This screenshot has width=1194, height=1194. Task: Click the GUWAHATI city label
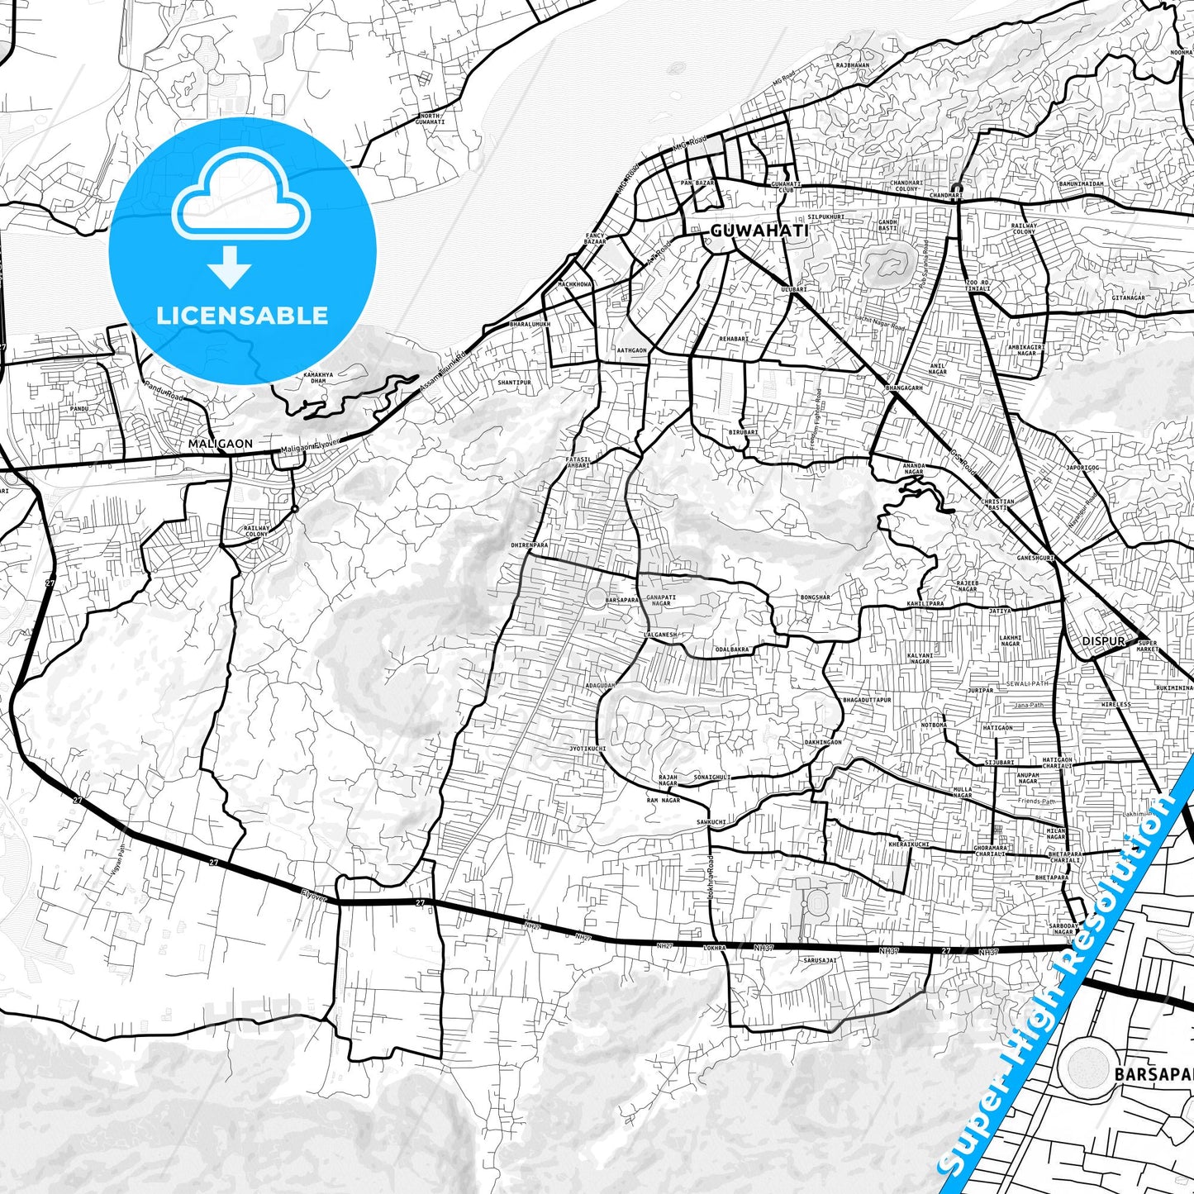click(x=759, y=231)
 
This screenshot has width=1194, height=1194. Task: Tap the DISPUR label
click(x=1103, y=641)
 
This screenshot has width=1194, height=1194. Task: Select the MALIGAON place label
click(x=221, y=444)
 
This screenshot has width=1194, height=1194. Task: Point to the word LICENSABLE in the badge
click(x=242, y=316)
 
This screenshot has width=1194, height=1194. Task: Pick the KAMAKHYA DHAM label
click(x=319, y=378)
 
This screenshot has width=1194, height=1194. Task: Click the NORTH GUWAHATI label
click(x=430, y=119)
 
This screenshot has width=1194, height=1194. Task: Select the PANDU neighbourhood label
click(x=78, y=408)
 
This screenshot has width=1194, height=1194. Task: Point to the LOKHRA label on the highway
click(x=713, y=948)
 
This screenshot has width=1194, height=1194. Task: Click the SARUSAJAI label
click(x=820, y=961)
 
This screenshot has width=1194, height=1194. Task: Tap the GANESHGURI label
click(x=1035, y=558)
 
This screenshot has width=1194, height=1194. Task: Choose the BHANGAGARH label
click(x=903, y=388)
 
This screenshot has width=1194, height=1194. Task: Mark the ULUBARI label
click(x=793, y=289)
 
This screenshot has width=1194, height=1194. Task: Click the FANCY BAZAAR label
click(x=595, y=238)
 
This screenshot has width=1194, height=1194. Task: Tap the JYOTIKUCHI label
click(x=587, y=749)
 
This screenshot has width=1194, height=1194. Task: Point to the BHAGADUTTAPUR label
click(x=867, y=700)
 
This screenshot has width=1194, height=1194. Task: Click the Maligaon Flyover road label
click(x=310, y=447)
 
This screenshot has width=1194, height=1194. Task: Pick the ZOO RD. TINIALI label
click(x=978, y=286)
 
